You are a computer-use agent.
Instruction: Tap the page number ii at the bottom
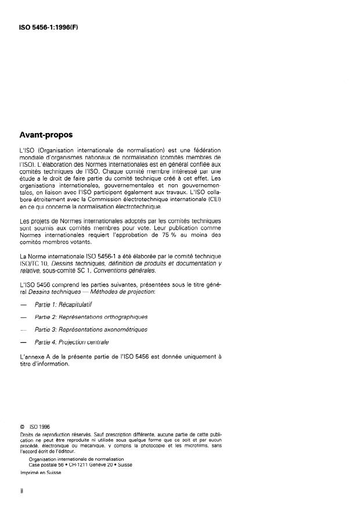pyautogui.click(x=21, y=490)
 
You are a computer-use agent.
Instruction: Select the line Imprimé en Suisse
pyautogui.click(x=40, y=473)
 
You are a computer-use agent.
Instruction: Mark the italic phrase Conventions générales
pyautogui.click(x=121, y=287)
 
